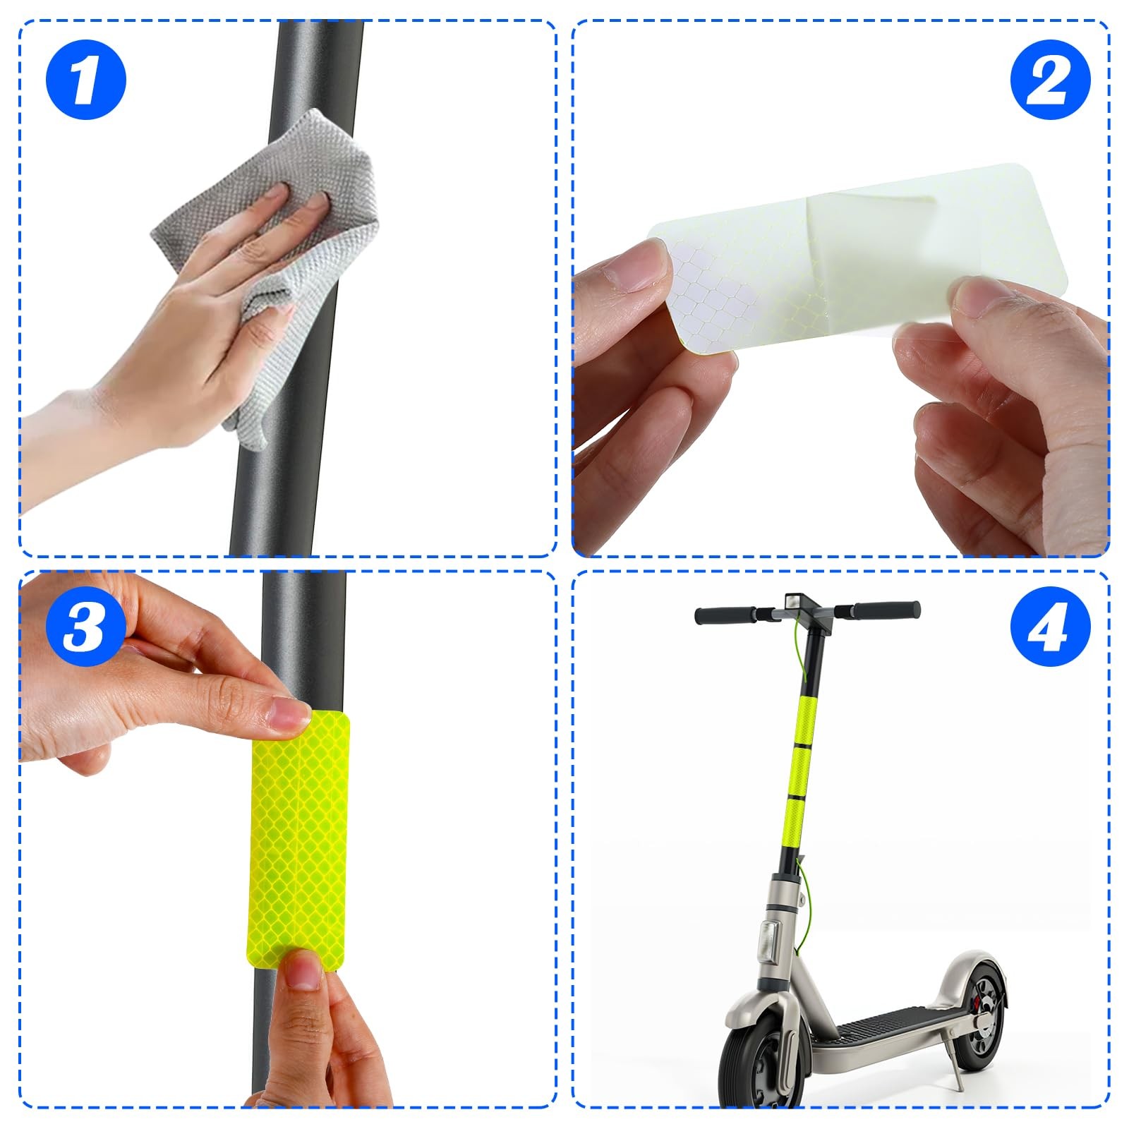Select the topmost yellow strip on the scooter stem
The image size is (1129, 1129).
pyautogui.click(x=809, y=716)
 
